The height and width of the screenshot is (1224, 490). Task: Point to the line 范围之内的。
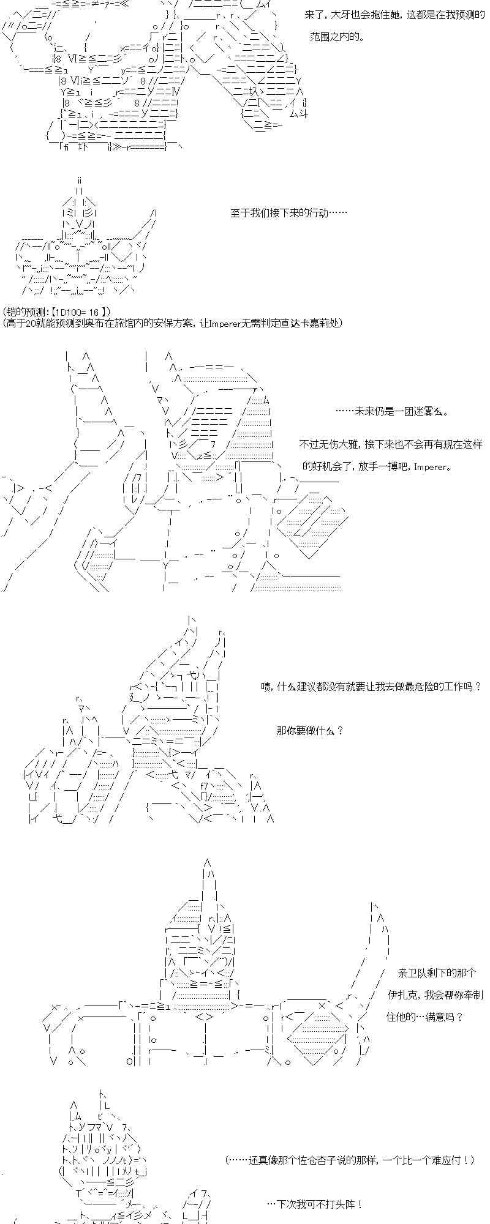pyautogui.click(x=337, y=37)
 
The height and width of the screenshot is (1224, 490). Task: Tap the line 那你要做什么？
pyautogui.click(x=310, y=731)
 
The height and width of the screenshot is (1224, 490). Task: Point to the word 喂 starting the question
pyautogui.click(x=265, y=687)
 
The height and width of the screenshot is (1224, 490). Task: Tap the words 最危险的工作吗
pyautogui.click(x=435, y=687)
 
